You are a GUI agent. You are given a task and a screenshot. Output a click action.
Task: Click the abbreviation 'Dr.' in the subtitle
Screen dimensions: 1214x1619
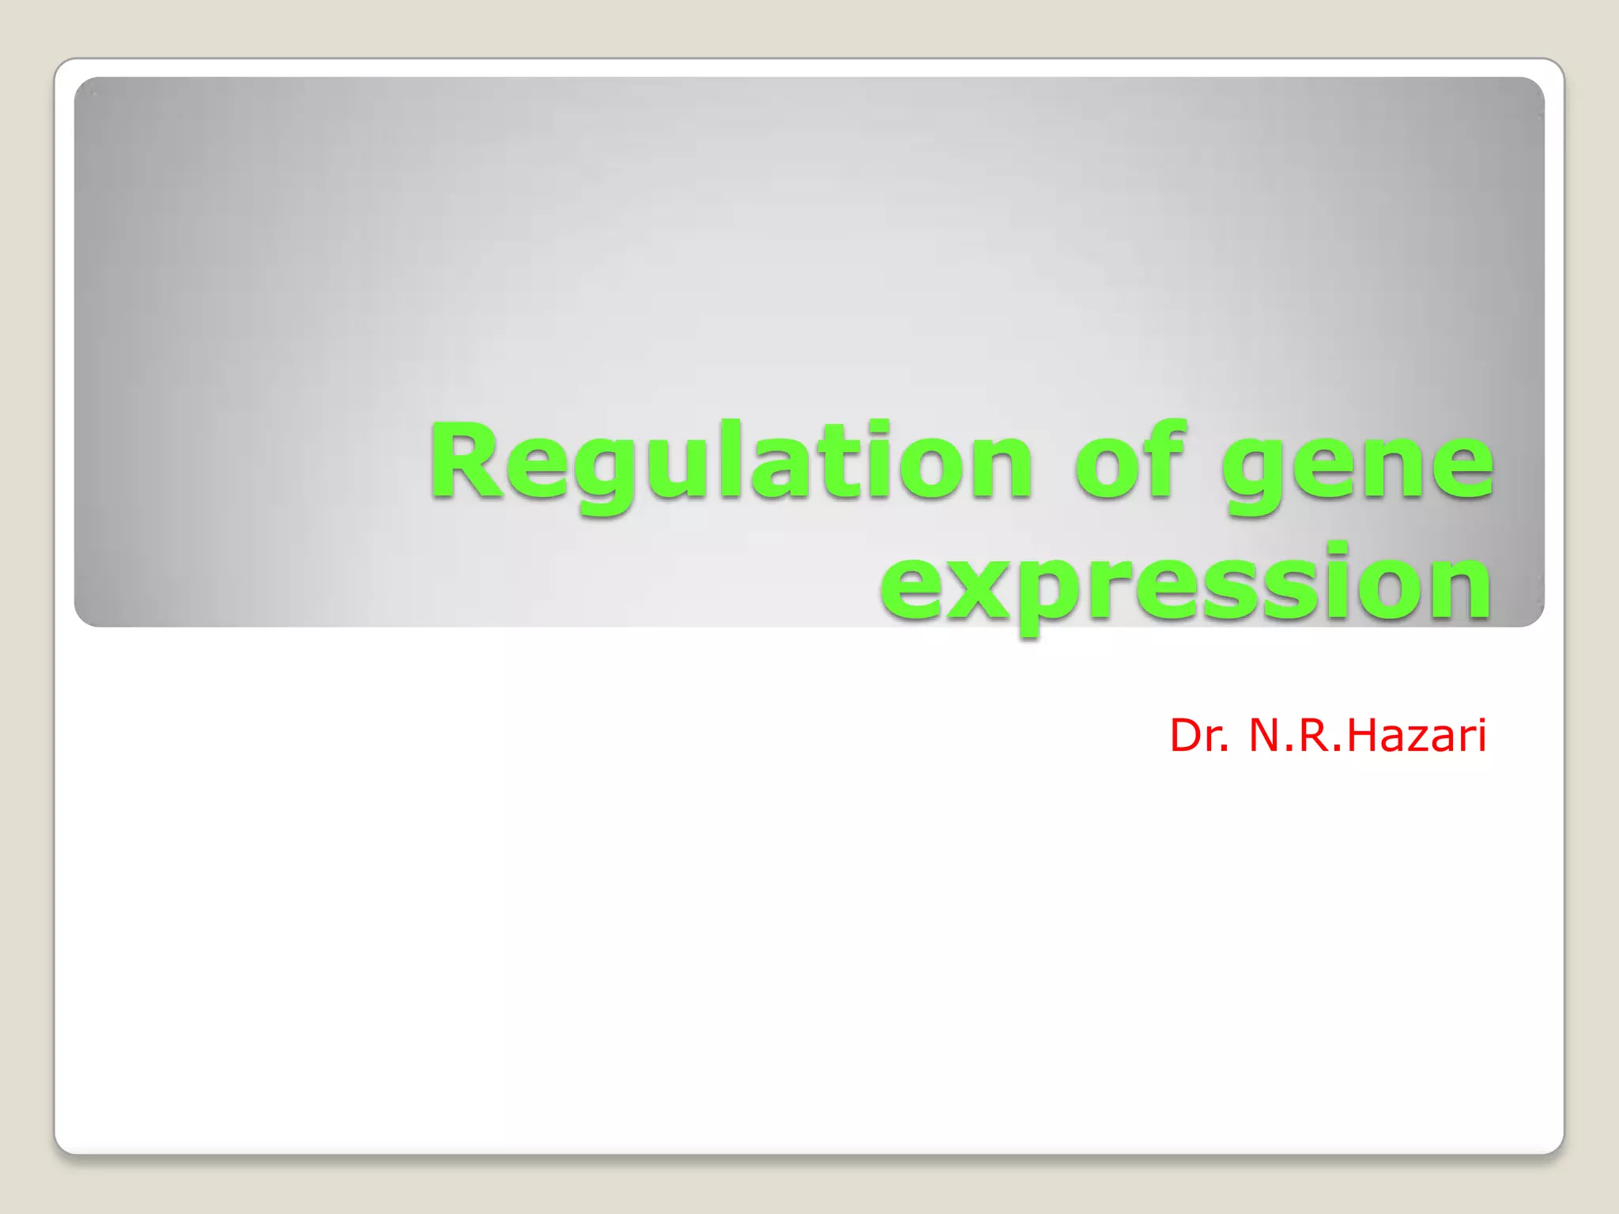coord(1199,736)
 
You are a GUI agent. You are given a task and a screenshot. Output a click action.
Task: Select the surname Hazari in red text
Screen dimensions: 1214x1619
coord(1416,736)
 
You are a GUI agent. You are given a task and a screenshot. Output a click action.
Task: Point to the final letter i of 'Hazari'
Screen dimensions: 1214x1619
coord(1480,736)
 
